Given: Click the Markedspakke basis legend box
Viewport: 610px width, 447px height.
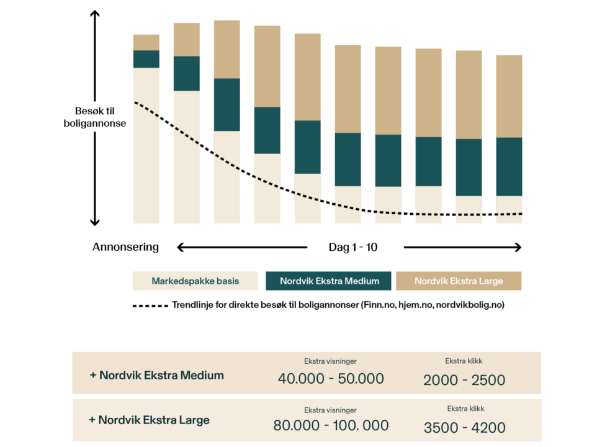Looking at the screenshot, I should point(195,281).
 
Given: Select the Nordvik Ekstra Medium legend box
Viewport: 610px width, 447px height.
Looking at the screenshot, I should point(329,281).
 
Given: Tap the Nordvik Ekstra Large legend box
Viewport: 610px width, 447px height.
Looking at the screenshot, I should point(459,281).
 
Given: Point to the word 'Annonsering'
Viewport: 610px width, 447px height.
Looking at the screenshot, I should point(125,247).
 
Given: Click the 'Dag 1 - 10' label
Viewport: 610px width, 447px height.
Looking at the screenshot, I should point(353,247).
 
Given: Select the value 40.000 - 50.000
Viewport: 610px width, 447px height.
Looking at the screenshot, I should point(330,378).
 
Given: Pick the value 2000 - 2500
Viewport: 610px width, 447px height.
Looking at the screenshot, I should point(464,379).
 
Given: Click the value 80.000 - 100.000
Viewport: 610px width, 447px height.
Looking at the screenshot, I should point(331,425).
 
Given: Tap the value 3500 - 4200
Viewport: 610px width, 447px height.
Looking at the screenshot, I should point(465,427).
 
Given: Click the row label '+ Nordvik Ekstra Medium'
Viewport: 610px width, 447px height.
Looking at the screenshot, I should point(156,375).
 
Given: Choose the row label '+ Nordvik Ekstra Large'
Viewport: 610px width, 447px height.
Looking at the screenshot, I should point(149,420).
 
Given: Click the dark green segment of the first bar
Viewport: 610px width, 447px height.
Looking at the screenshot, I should point(146,59).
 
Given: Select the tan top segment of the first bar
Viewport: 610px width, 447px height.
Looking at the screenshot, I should point(146,42).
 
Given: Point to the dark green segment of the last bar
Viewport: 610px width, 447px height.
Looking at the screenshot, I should point(509,166).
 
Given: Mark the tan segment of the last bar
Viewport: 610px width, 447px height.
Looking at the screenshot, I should point(509,96).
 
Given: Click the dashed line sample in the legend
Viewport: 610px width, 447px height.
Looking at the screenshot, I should point(150,306).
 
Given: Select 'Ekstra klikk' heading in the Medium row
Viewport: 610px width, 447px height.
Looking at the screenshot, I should point(464,361).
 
